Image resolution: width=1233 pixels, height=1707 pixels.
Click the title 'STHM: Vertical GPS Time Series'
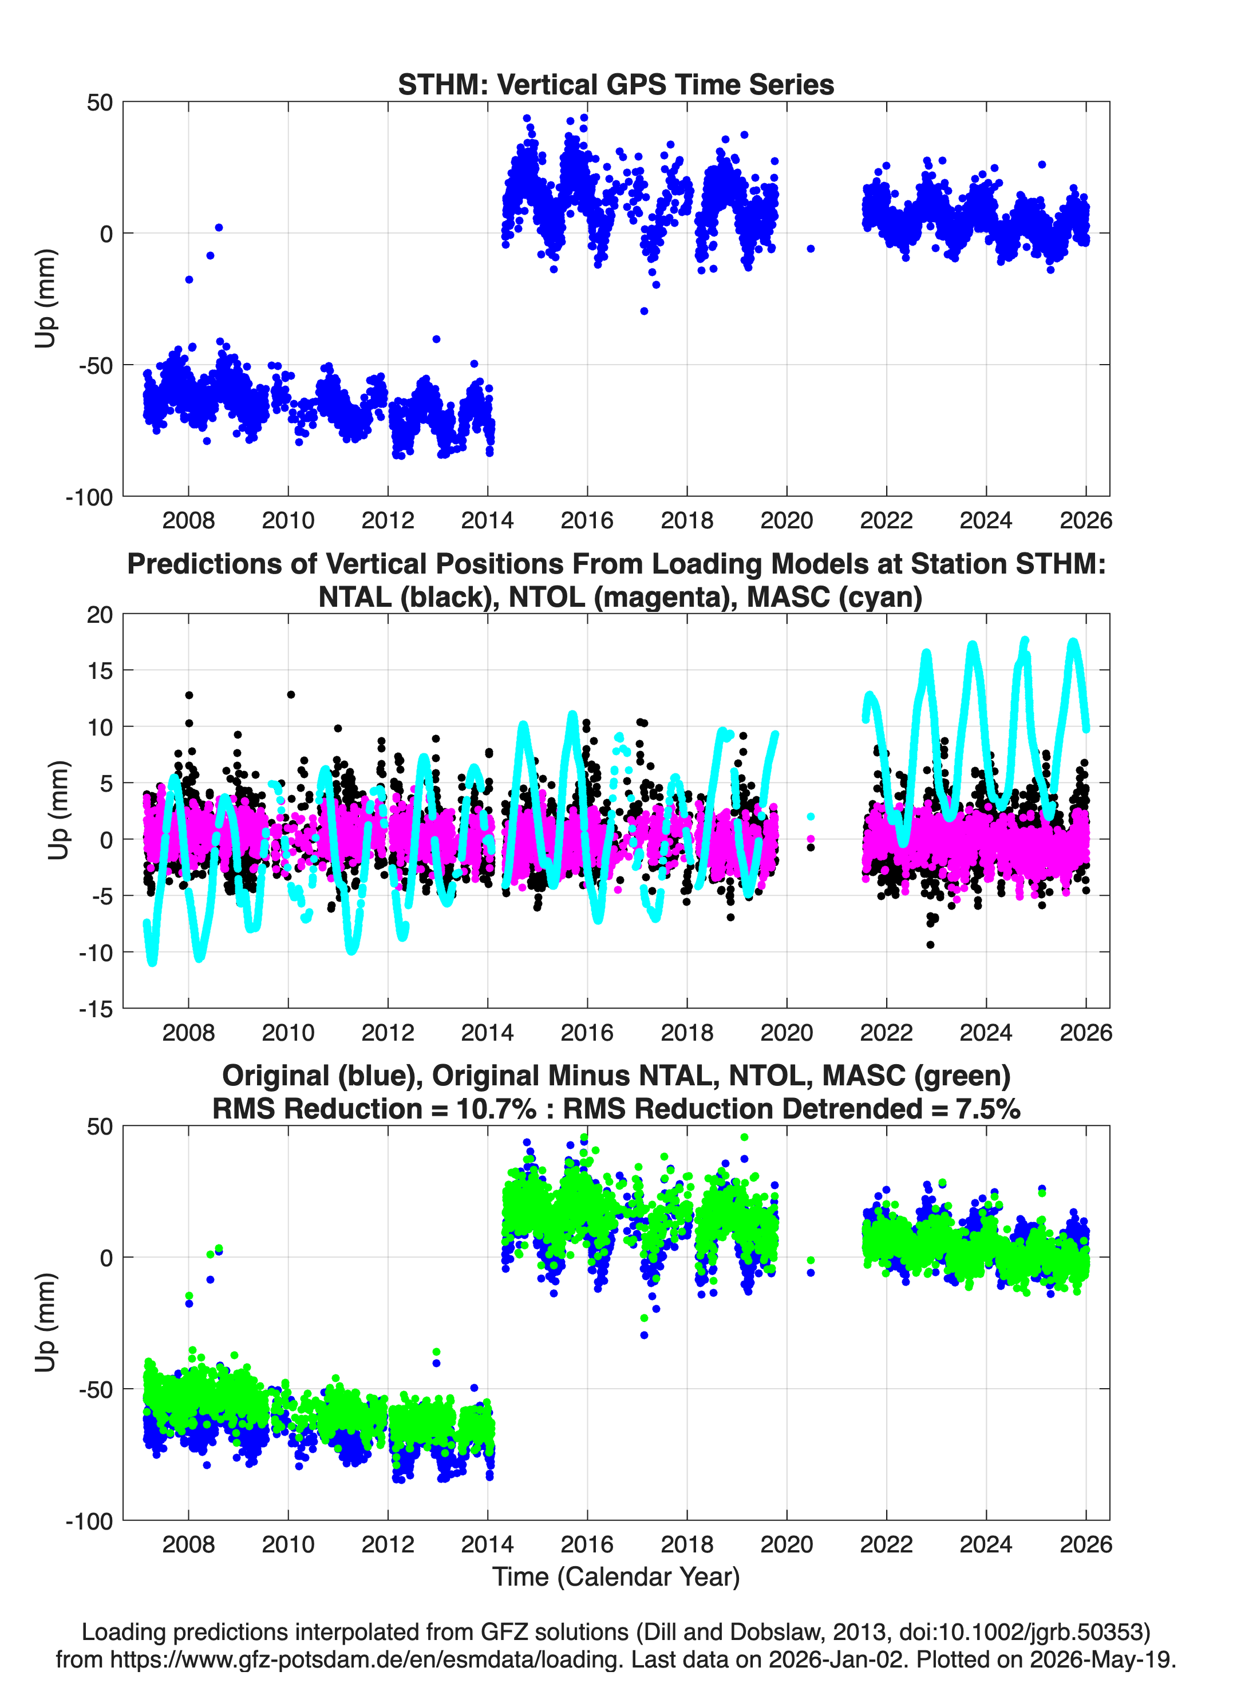click(616, 84)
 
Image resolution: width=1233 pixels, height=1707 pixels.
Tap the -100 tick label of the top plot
click(89, 497)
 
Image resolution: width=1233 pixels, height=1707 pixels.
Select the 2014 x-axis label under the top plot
click(487, 520)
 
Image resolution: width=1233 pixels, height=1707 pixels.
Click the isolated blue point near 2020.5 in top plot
click(810, 248)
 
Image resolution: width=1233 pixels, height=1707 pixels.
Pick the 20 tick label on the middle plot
click(100, 615)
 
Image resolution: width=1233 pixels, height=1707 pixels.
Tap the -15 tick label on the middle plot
click(96, 1009)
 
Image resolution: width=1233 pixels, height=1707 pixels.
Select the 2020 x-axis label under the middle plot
click(787, 1032)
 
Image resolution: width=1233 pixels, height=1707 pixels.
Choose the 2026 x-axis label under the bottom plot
click(1085, 1544)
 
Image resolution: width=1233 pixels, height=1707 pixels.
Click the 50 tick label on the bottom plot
click(100, 1127)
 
